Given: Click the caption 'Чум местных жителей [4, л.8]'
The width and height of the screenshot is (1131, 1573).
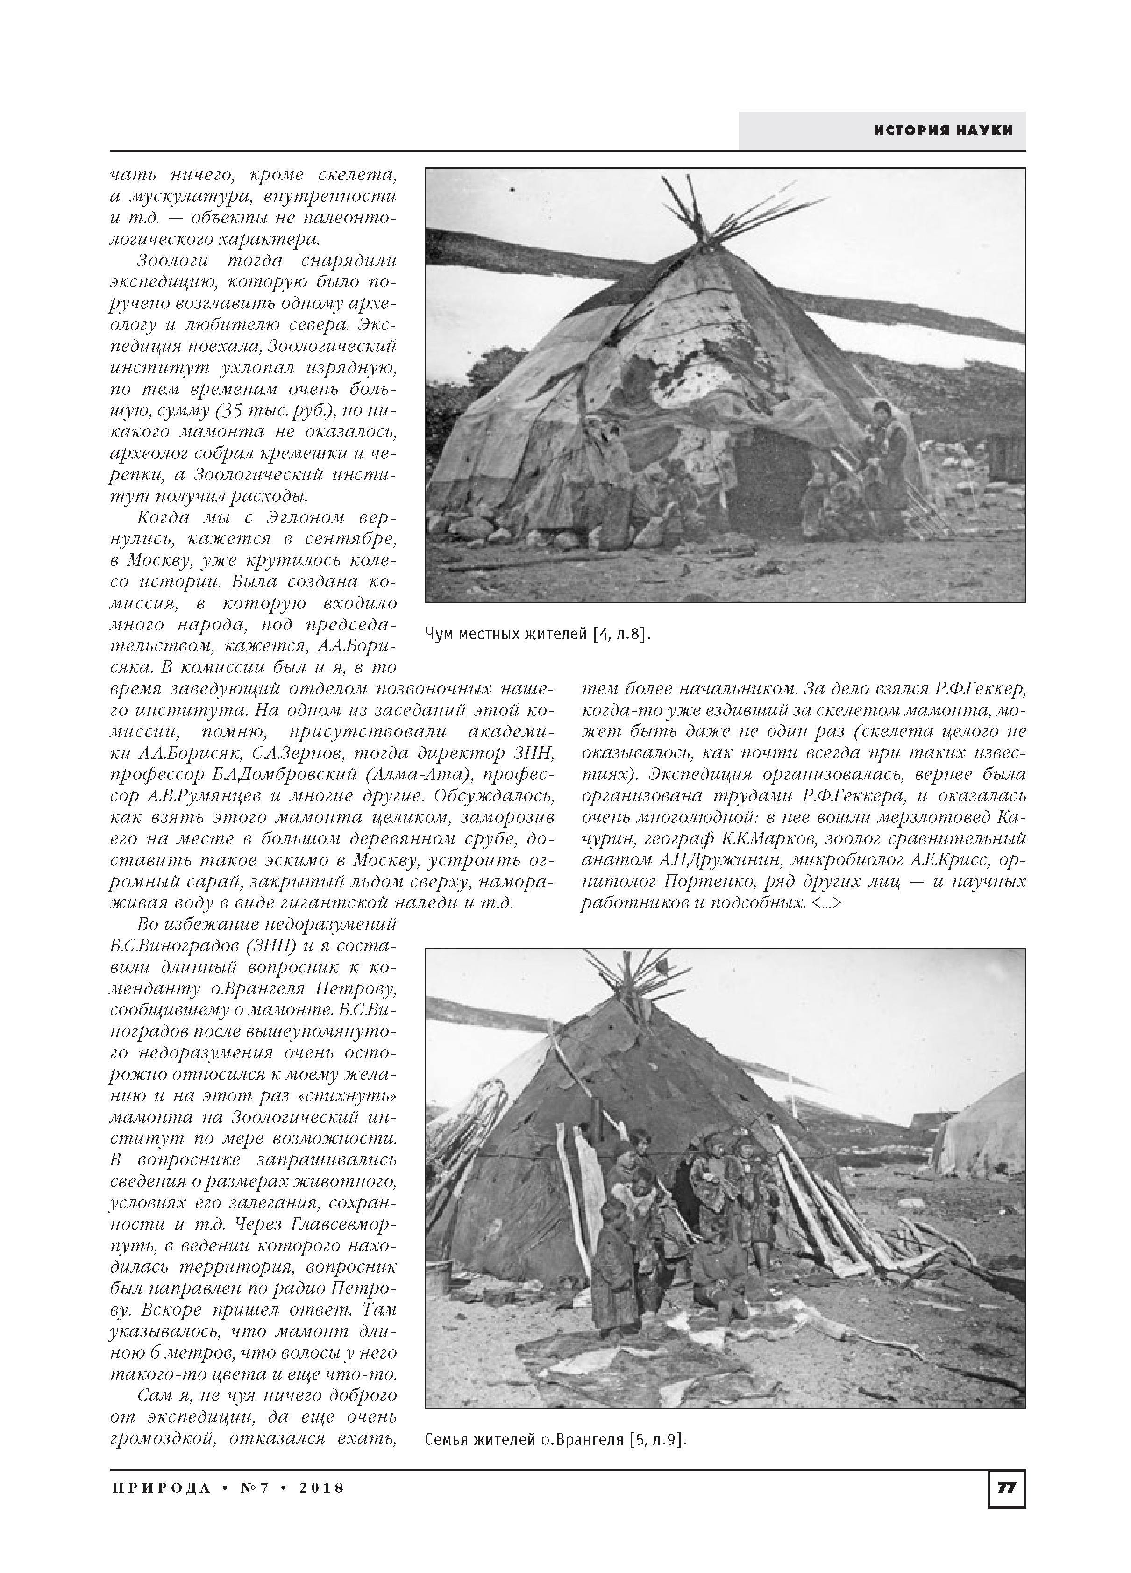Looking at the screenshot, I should coord(537,634).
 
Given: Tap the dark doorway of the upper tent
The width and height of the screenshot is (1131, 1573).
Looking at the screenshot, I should coord(770,479).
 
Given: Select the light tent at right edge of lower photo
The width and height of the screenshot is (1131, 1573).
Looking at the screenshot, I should coord(985,1130).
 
